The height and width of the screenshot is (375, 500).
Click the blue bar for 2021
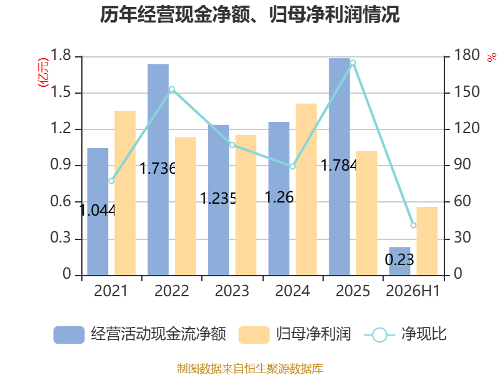97,212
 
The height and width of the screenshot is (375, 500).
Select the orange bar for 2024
306,189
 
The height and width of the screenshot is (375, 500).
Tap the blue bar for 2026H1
399,261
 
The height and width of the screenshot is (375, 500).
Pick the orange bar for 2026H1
427,241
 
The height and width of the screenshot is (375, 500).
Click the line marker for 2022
172,89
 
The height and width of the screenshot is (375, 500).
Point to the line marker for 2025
353,62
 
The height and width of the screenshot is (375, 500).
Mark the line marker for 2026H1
413,225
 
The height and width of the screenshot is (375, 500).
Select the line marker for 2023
232,145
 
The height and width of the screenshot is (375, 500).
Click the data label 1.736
158,168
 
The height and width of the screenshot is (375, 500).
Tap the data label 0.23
399,259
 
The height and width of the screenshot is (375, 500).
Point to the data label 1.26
279,197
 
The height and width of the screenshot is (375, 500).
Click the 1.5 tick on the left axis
60,92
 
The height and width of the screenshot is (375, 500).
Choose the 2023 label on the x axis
232,291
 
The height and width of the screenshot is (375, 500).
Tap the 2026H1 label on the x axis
412,291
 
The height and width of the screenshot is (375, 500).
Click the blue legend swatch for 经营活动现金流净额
69,335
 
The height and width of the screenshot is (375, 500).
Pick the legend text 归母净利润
314,334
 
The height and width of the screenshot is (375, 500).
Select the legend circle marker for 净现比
379,335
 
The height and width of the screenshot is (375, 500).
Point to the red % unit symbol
492,57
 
